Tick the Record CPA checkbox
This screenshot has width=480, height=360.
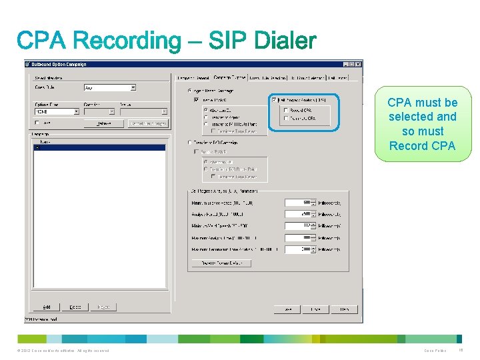click(x=286, y=110)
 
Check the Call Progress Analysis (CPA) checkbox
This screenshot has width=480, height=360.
click(x=274, y=100)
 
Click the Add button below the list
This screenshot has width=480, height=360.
click(x=47, y=307)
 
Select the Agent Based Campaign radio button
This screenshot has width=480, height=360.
click(x=190, y=90)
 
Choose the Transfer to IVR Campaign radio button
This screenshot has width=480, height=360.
click(x=190, y=142)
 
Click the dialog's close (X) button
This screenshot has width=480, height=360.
click(x=359, y=65)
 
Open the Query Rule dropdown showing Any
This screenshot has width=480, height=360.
click(x=109, y=87)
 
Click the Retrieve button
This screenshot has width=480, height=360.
click(x=104, y=123)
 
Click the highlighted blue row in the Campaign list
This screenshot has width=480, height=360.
click(x=100, y=147)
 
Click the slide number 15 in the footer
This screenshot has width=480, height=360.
click(x=461, y=351)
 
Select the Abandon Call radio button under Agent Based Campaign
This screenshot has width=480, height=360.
click(x=206, y=110)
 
